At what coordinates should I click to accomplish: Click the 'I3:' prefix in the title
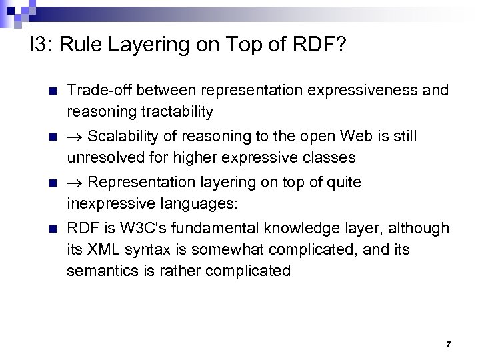(41, 47)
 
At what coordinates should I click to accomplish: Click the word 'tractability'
(175, 110)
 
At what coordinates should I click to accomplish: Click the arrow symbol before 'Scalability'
(75, 137)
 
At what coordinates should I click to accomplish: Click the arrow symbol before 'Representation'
(75, 183)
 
